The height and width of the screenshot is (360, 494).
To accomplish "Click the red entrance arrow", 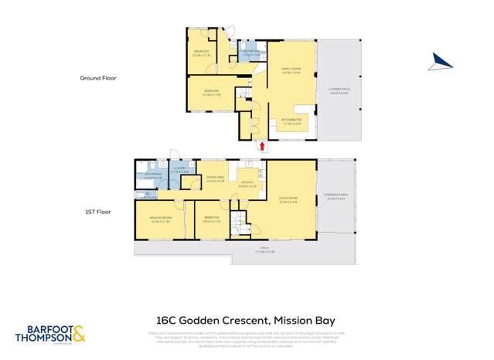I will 262,145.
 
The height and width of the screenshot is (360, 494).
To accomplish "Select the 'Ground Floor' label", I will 98,78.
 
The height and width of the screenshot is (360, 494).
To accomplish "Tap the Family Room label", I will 291,71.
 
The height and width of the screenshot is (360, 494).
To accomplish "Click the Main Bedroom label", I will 160,219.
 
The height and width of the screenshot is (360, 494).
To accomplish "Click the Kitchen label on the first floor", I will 247,185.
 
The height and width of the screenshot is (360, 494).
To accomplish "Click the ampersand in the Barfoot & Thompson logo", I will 80,335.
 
